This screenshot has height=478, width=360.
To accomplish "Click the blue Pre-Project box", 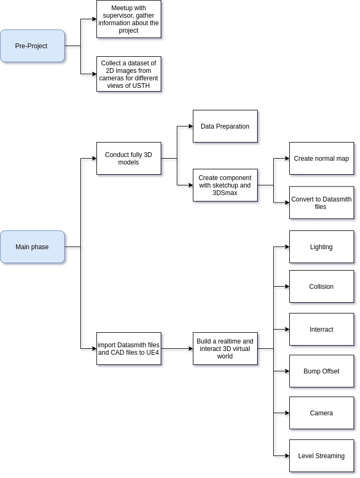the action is point(32,46).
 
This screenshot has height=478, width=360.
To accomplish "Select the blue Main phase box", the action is point(32,247).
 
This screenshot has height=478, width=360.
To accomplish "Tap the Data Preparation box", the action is point(225,126).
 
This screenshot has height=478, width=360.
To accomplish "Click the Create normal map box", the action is point(321,158).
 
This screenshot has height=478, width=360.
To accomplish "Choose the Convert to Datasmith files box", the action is point(321,203).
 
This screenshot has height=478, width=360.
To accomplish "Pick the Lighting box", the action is point(321,247).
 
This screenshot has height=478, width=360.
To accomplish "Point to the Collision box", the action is point(321,287).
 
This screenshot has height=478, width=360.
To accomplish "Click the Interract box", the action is point(321,329).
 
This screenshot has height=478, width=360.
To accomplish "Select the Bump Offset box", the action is point(321,371).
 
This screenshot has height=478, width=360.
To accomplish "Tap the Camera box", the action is point(321,413).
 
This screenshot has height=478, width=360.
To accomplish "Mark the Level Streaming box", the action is point(321,455).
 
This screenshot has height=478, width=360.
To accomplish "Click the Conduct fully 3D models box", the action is point(129,158).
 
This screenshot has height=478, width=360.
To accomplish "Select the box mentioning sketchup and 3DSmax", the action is point(225,185).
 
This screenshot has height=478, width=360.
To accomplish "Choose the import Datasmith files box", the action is point(129,348).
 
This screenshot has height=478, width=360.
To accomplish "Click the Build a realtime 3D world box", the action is point(225,348).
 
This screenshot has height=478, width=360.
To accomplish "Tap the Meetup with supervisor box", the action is point(129,19).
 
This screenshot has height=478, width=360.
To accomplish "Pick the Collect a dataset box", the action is point(129,74).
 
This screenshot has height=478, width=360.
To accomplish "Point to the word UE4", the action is point(153,353).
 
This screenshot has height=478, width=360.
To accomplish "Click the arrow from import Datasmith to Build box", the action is point(177,348).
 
